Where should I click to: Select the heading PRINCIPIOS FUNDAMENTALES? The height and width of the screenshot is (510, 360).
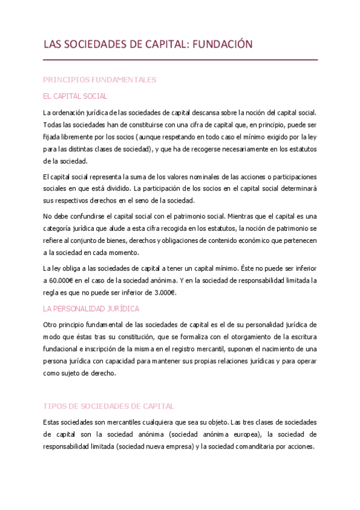coord(99,79)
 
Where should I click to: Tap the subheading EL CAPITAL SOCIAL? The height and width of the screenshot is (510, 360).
coord(75,96)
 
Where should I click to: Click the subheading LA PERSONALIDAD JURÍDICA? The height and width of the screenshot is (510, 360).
coord(91,309)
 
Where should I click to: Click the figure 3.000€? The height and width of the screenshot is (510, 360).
coord(163,293)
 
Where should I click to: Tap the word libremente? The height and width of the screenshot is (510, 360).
coord(75,136)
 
